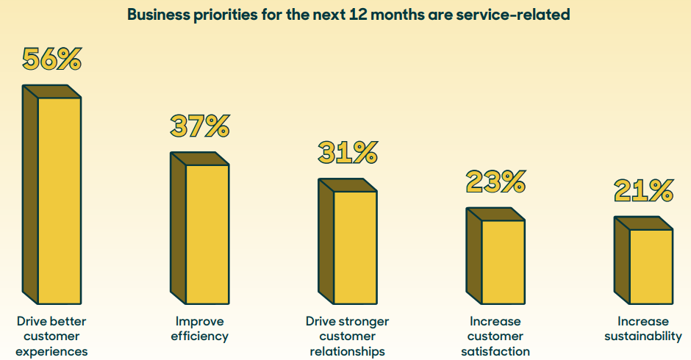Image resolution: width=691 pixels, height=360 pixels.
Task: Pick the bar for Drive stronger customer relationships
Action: tap(355, 247)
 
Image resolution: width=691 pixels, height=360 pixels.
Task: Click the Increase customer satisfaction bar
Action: tap(503, 262)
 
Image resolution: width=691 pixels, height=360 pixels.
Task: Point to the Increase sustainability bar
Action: tap(651, 266)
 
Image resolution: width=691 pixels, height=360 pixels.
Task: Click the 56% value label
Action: tap(51, 59)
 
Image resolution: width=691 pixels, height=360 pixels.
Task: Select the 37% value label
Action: tap(200, 126)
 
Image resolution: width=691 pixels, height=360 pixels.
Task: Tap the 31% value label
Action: tap(348, 152)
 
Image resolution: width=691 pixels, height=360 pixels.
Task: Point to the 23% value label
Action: tap(495, 181)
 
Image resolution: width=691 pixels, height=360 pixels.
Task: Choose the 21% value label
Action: tap(643, 190)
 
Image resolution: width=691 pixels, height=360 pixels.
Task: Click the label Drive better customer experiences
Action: tap(51, 336)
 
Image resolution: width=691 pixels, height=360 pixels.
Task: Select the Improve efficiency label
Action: tap(200, 329)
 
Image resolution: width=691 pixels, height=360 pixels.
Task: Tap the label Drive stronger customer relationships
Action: tap(348, 336)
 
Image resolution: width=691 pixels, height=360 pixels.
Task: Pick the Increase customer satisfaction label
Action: tap(495, 336)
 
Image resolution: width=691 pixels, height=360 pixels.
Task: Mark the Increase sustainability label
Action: tap(643, 329)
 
